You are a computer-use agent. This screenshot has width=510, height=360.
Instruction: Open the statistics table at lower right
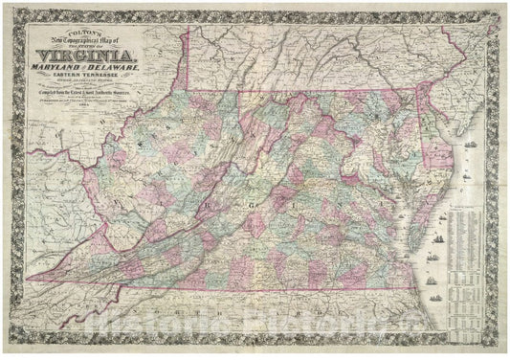pyautogui.click(x=471, y=287)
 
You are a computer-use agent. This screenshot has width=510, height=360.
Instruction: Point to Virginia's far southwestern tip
pyautogui.click(x=31, y=279)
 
